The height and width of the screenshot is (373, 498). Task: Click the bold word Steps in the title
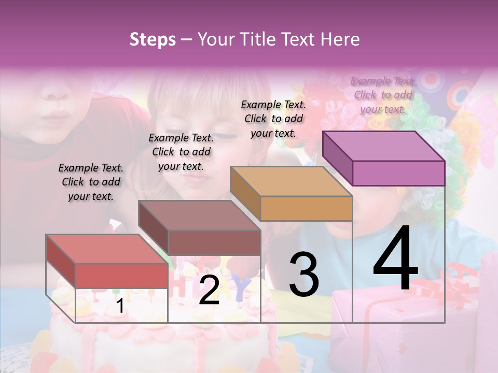(153, 39)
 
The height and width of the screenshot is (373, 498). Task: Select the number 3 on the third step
(303, 274)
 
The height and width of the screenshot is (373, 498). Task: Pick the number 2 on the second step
(209, 290)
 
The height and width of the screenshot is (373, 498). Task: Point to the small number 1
(120, 306)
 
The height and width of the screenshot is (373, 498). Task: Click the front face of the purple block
(398, 173)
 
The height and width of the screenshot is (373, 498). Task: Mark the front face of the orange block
(306, 208)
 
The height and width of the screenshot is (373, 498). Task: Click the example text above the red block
(91, 182)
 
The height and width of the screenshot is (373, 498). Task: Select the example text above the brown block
(181, 152)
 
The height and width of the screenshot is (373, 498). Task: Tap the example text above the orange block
(273, 119)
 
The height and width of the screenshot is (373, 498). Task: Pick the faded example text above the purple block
(383, 95)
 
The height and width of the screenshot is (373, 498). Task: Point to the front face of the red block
(121, 276)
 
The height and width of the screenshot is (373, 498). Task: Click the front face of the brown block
(214, 242)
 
